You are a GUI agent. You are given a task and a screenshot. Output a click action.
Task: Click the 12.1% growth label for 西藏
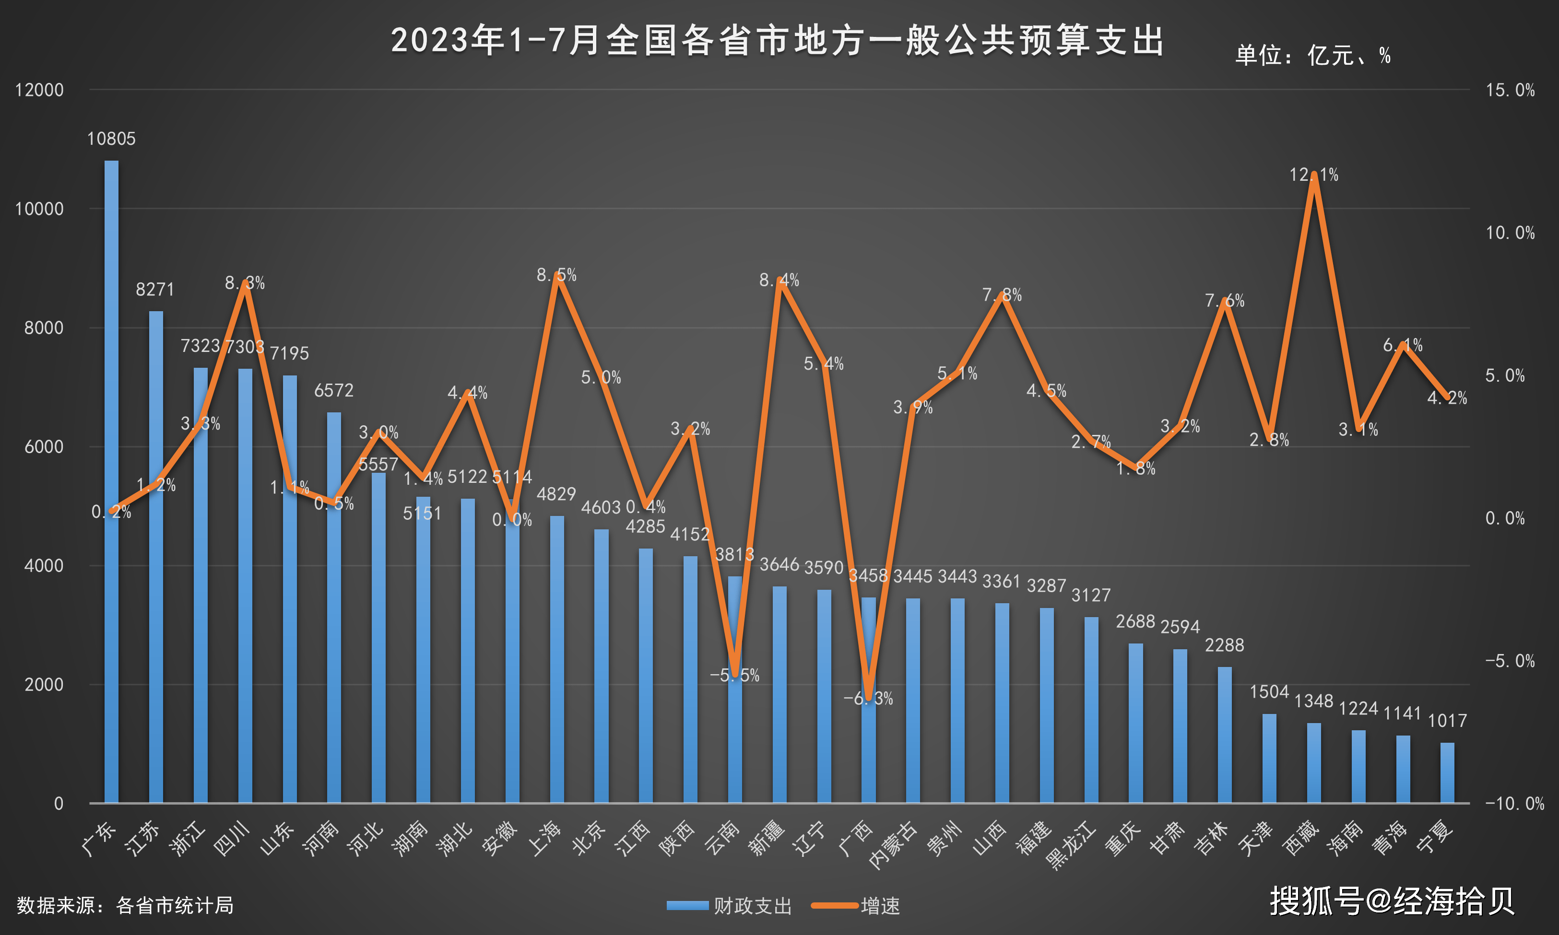pyautogui.click(x=1314, y=175)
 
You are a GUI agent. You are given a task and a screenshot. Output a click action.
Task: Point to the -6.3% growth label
pyautogui.click(x=868, y=699)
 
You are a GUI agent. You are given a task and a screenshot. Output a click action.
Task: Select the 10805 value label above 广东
pyautogui.click(x=112, y=139)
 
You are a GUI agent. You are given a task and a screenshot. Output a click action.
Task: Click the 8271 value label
pyautogui.click(x=155, y=290)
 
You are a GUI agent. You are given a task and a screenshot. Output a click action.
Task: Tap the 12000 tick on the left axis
pyautogui.click(x=39, y=90)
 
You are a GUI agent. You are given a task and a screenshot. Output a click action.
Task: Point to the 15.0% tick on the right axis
pyautogui.click(x=1510, y=90)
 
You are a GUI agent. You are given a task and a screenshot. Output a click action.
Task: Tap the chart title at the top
pyautogui.click(x=778, y=41)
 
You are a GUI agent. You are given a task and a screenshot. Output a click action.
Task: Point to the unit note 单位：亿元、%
pyautogui.click(x=1312, y=56)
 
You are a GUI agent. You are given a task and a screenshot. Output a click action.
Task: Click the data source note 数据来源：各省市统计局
pyautogui.click(x=125, y=905)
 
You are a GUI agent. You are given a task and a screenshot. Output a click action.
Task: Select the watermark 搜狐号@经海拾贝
pyautogui.click(x=1392, y=901)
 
